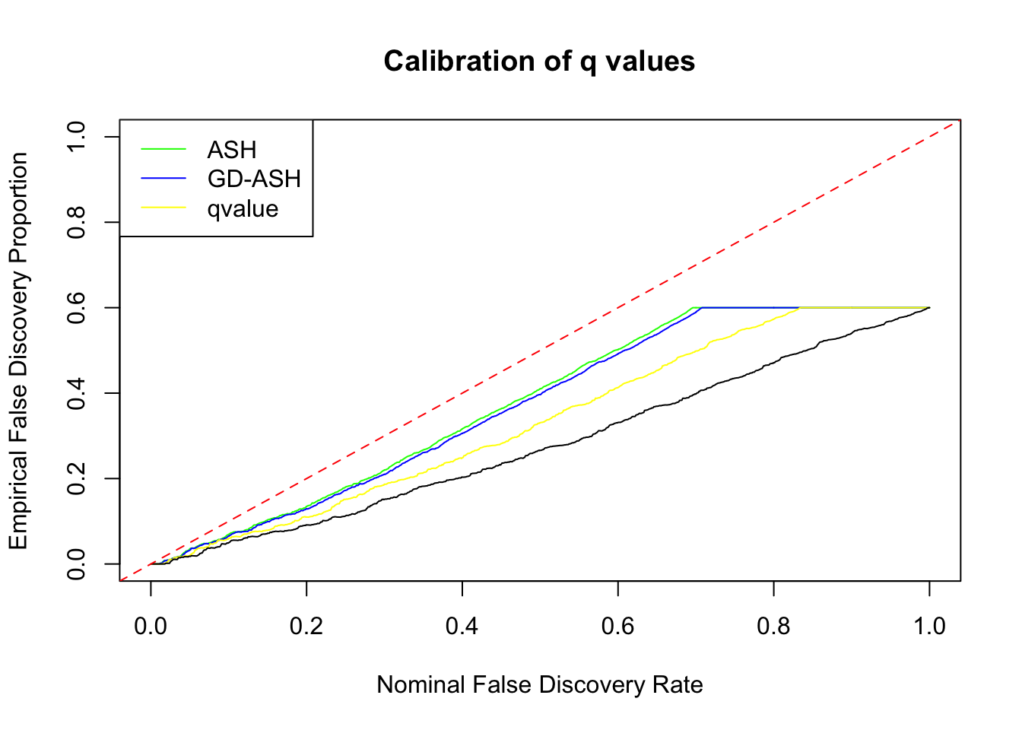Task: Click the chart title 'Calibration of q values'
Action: pyautogui.click(x=539, y=61)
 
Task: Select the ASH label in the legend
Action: pyautogui.click(x=231, y=150)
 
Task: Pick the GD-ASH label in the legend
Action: pyautogui.click(x=254, y=179)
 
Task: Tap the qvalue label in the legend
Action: pyautogui.click(x=243, y=208)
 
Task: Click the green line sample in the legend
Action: pyautogui.click(x=163, y=150)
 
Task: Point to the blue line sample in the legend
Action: pyautogui.click(x=163, y=179)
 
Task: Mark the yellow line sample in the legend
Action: pyautogui.click(x=163, y=208)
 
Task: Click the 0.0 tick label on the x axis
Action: pyautogui.click(x=151, y=626)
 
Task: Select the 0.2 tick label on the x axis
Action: pyautogui.click(x=306, y=626)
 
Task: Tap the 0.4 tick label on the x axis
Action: pyautogui.click(x=462, y=626)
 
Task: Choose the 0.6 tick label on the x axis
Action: pyautogui.click(x=618, y=626)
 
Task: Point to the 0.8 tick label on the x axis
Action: pyautogui.click(x=773, y=626)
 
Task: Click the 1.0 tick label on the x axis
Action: pyautogui.click(x=929, y=626)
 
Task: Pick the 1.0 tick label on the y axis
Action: pyautogui.click(x=76, y=137)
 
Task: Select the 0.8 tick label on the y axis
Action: pyautogui.click(x=76, y=222)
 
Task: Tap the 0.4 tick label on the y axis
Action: pyautogui.click(x=76, y=393)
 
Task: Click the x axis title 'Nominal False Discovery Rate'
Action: pyautogui.click(x=539, y=684)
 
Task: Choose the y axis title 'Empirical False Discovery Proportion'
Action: pyautogui.click(x=18, y=351)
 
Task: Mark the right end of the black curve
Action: pyautogui.click(x=929, y=307)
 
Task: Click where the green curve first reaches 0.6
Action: pyautogui.click(x=693, y=307)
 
